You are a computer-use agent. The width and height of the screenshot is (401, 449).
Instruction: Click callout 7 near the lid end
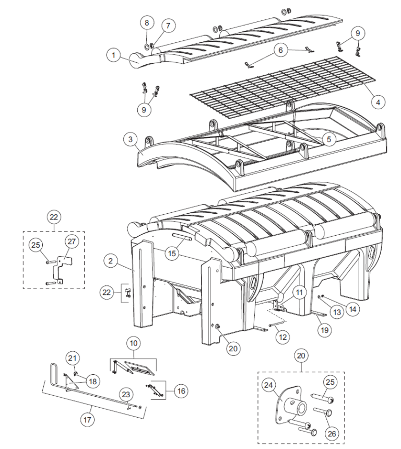(x=168, y=26)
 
